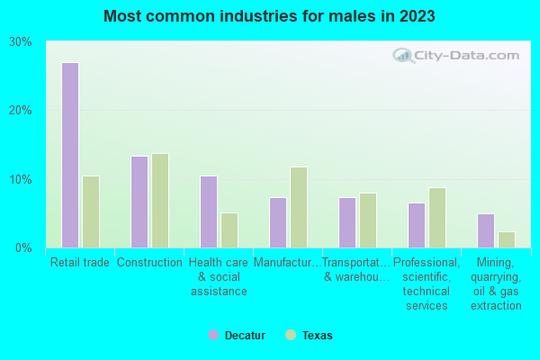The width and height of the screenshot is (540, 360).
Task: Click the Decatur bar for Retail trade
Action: click(x=70, y=155)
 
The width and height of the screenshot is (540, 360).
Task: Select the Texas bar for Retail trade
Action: click(x=91, y=211)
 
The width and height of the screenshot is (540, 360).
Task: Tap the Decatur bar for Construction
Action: click(x=139, y=202)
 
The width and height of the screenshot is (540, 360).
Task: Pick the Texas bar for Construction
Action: click(x=160, y=201)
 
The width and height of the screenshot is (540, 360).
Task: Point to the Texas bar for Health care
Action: click(x=229, y=230)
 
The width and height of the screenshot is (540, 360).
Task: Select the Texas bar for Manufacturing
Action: click(x=299, y=207)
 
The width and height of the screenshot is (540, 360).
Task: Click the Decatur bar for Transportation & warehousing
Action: click(x=347, y=222)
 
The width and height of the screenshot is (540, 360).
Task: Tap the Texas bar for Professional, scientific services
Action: click(x=437, y=218)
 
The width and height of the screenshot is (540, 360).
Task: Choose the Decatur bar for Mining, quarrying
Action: click(x=486, y=230)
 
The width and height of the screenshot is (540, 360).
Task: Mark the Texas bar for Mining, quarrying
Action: click(x=507, y=239)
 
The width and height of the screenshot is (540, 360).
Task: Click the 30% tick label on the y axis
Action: click(x=21, y=42)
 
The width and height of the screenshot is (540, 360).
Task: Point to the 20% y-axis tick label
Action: click(x=21, y=111)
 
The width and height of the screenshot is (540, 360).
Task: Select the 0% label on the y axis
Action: click(x=24, y=247)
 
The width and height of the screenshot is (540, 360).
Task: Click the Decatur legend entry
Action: click(x=238, y=336)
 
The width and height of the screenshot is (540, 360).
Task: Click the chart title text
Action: click(x=270, y=16)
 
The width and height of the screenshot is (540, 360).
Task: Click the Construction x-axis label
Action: click(x=149, y=263)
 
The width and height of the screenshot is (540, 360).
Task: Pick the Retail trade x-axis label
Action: click(x=79, y=263)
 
